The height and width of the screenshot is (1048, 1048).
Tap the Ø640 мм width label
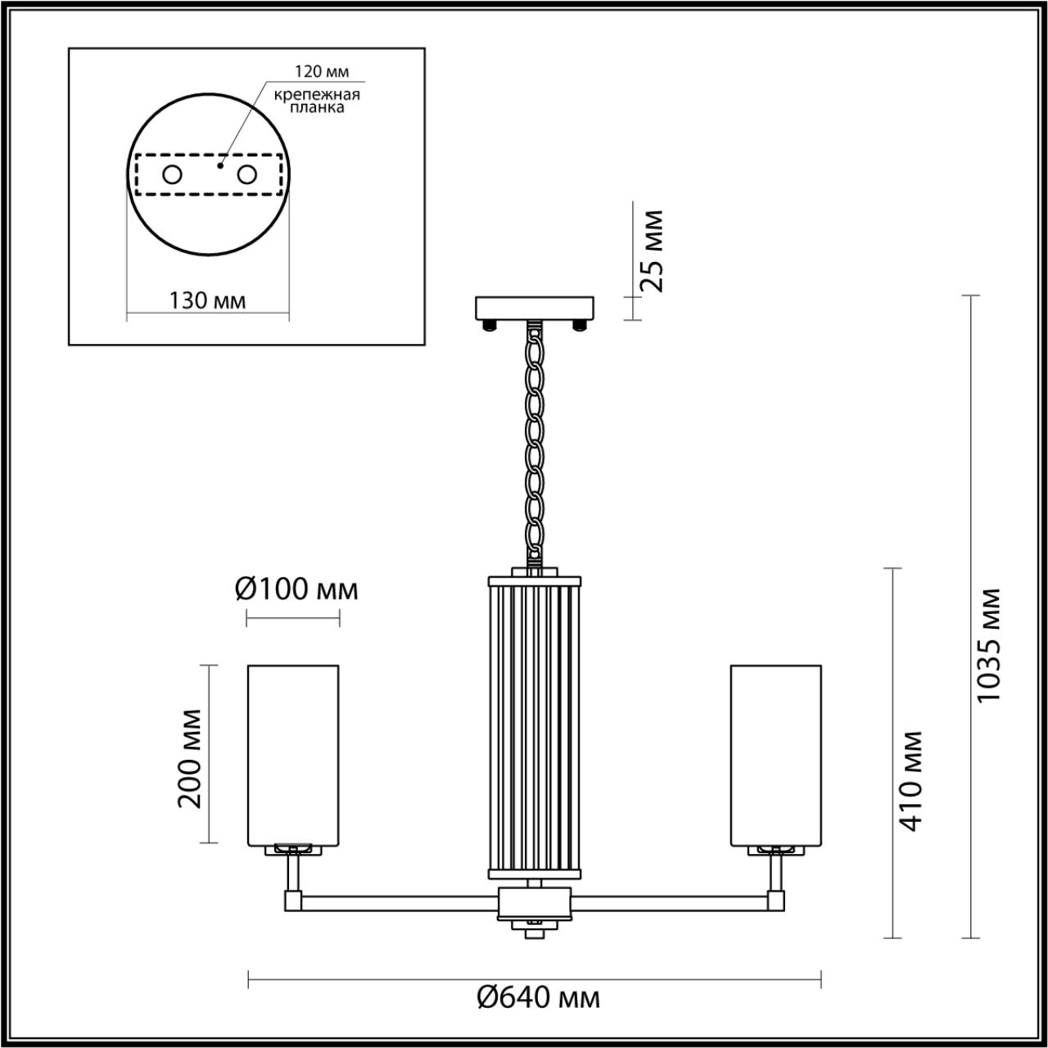pyautogui.click(x=538, y=997)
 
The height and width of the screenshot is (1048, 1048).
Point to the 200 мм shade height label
pyautogui.click(x=190, y=758)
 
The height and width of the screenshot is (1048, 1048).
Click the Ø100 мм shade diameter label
pyautogui.click(x=296, y=589)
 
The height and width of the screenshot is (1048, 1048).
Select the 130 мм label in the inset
pyautogui.click(x=207, y=300)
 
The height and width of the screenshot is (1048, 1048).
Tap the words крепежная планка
pyautogui.click(x=316, y=101)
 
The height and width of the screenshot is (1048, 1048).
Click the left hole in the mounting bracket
pyautogui.click(x=172, y=174)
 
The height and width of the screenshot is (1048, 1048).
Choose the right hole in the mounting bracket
pyautogui.click(x=246, y=174)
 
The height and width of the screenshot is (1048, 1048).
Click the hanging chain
pyautogui.click(x=535, y=442)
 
